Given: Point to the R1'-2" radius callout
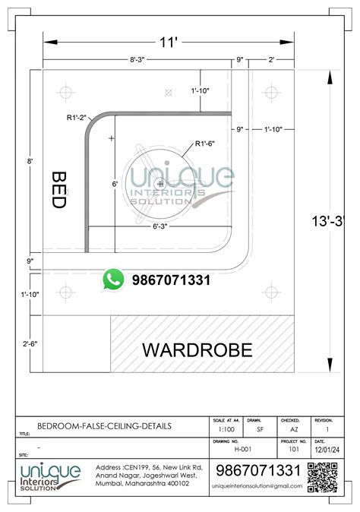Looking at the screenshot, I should tap(76, 119).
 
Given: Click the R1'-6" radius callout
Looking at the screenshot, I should tap(206, 143).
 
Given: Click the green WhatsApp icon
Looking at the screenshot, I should tap(114, 280).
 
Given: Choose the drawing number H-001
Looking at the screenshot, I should tap(223, 449).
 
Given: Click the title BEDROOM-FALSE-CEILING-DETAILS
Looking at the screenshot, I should tap(105, 427).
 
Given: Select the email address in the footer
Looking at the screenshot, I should tap(257, 486).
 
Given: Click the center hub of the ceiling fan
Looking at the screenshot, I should tap(159, 184).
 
